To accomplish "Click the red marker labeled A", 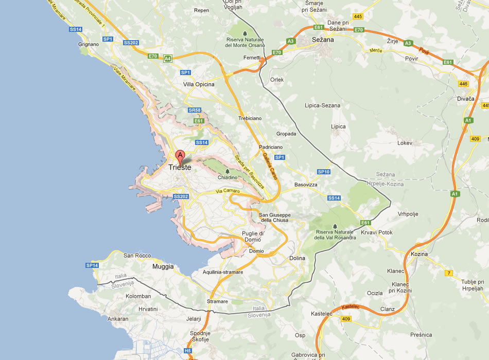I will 180,156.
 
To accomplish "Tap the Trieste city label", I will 180,168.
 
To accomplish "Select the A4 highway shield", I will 168,59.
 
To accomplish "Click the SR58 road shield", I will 195,110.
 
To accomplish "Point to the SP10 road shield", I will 323,172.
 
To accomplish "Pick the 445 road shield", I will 358,17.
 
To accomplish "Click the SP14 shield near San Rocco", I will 92,265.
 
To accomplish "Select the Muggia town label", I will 163,267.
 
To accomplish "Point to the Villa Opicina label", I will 199,84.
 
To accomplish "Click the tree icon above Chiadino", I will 228,171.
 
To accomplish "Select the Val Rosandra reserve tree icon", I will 335,226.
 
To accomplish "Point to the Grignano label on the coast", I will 89,45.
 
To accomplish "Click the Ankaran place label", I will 118,319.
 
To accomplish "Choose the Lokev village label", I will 405,143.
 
